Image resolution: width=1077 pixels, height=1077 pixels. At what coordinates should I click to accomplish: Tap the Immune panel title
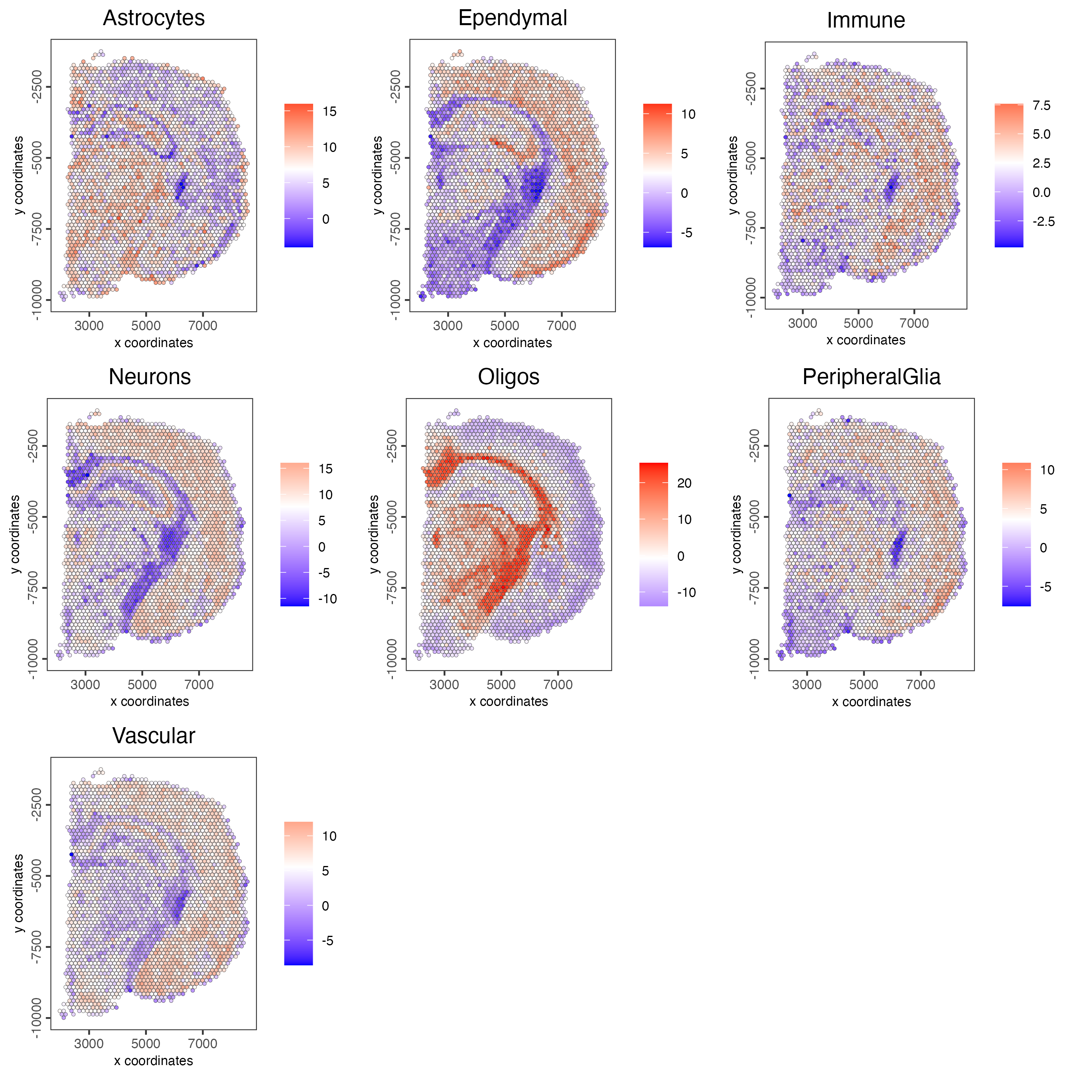865,20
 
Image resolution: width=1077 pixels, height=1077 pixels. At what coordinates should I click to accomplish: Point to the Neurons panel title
150,377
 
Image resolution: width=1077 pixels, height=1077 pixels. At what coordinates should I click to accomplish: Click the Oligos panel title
509,377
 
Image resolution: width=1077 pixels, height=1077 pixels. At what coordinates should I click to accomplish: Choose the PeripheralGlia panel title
871,377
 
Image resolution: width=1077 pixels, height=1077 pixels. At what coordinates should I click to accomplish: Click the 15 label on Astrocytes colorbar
329,112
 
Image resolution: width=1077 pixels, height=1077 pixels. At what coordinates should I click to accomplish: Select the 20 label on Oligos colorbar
684,483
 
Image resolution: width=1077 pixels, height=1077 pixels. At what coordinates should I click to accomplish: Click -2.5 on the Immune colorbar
1043,221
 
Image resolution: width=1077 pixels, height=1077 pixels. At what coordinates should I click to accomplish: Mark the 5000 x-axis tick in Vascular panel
146,1043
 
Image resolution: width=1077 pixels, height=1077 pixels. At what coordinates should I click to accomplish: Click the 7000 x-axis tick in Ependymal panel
561,325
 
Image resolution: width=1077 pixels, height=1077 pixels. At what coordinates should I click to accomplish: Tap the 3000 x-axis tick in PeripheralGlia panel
807,684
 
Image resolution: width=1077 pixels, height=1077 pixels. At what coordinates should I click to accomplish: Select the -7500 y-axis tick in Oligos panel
392,588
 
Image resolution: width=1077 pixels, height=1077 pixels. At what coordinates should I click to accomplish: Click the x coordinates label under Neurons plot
150,701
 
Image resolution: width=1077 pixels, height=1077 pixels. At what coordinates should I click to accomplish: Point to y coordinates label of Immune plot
733,175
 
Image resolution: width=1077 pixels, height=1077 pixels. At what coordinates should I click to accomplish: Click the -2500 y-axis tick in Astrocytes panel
36,87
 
